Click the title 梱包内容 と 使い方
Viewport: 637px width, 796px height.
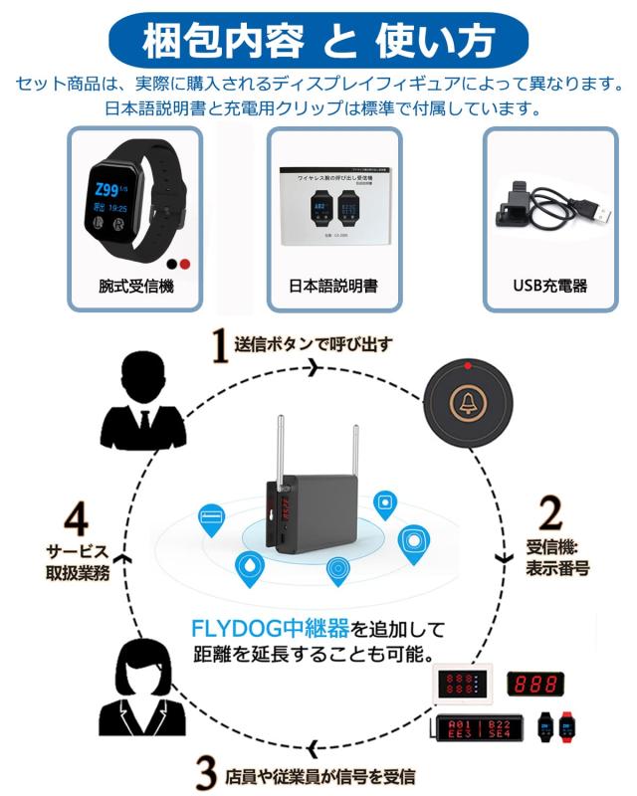tap(318, 41)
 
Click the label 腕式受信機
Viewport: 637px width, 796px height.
tap(135, 286)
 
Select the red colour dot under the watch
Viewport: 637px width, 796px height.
tap(184, 265)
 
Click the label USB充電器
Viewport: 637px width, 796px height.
tap(549, 286)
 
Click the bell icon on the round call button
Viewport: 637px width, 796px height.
tap(465, 402)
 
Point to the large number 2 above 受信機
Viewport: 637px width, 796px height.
tap(550, 512)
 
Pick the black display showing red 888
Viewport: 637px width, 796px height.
tap(535, 685)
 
